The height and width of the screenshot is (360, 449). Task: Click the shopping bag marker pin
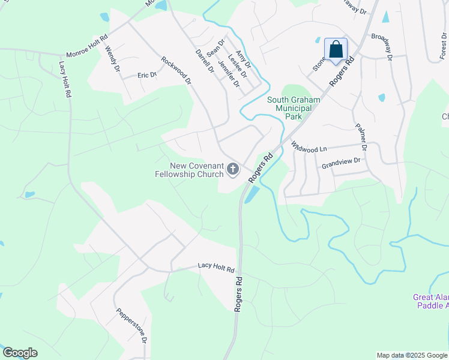(336, 50)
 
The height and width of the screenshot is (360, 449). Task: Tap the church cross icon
(232, 170)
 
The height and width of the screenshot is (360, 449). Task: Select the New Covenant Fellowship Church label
(188, 170)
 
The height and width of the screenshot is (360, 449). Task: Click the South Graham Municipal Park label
(294, 108)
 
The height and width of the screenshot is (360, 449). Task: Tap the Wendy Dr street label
(112, 60)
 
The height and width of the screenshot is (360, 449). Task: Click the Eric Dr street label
(146, 75)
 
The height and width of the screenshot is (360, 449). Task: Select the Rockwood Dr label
(175, 70)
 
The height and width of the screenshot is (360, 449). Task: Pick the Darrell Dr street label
(205, 61)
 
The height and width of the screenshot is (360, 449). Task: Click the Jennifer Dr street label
(229, 74)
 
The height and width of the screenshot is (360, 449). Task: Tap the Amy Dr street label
(243, 59)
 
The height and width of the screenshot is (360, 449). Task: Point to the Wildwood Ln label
(309, 146)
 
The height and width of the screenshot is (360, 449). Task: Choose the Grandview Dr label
(340, 161)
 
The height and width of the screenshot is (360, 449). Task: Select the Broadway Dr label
(381, 47)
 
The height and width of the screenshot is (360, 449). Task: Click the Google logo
(20, 353)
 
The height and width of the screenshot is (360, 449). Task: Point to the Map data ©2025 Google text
(411, 355)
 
